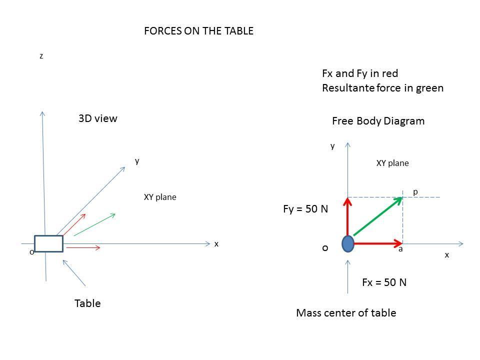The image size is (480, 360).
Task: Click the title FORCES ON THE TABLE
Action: tap(198, 31)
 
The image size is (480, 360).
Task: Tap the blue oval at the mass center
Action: tap(348, 244)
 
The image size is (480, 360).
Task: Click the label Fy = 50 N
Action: tap(305, 209)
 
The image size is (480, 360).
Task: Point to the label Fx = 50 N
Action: tap(384, 282)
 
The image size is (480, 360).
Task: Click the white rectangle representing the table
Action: tap(48, 243)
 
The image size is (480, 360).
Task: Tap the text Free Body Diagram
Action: tap(378, 121)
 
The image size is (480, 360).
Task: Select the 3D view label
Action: tap(98, 118)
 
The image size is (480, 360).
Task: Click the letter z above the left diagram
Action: tap(41, 56)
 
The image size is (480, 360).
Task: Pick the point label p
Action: tap(415, 192)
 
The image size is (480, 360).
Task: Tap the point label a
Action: tap(400, 249)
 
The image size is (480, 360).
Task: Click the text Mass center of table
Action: tap(346, 313)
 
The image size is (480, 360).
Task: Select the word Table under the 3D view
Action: tap(87, 303)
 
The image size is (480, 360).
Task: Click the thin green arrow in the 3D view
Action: tap(94, 224)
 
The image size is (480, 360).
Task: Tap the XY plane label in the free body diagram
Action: tap(392, 163)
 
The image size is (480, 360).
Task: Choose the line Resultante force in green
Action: tap(382, 88)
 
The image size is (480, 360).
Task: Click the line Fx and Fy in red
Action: tap(360, 74)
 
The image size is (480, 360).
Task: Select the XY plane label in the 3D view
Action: tap(160, 197)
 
